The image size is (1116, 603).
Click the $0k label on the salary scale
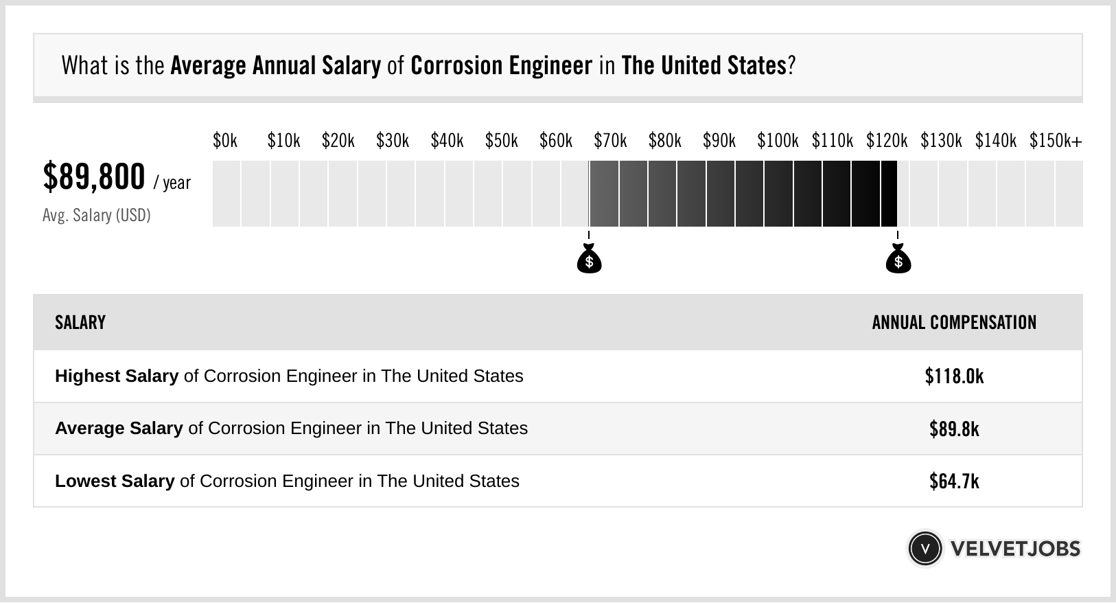click(225, 141)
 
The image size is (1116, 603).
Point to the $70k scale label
click(610, 141)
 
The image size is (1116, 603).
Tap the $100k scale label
click(778, 141)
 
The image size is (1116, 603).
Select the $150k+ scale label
click(1056, 141)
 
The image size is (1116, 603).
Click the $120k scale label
click(887, 141)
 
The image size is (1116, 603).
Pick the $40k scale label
click(447, 141)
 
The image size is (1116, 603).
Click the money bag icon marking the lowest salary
click(589, 260)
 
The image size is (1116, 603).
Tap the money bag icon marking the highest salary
click(898, 260)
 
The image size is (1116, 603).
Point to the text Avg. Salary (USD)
click(97, 216)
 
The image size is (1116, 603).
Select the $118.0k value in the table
click(954, 376)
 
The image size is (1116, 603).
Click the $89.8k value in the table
click(954, 429)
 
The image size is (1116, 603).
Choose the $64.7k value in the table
click(954, 481)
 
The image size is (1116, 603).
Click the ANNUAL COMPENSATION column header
click(954, 323)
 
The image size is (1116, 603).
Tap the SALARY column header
click(80, 323)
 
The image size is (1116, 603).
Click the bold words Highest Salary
click(117, 376)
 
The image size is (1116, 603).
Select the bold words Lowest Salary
click(115, 481)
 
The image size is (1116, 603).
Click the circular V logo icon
click(925, 549)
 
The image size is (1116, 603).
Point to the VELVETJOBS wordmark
click(1015, 549)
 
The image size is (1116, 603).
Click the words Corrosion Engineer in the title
click(501, 66)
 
